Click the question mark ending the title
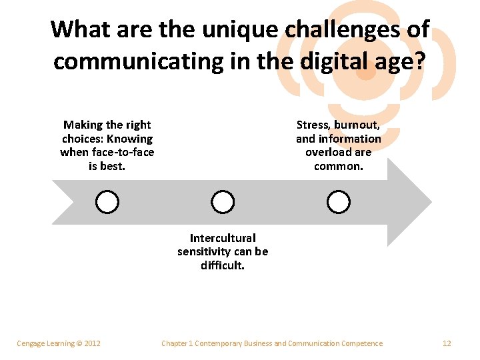pos(421,61)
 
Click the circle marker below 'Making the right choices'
pos(107,201)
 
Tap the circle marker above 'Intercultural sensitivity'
pos(223,201)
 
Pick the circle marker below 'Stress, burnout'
pos(339,201)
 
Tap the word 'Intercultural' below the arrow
pos(223,238)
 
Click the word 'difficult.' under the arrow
pos(223,265)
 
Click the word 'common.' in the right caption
pos(339,166)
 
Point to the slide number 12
pos(447,343)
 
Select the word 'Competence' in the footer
pos(363,343)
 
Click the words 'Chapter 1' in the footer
pos(177,343)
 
